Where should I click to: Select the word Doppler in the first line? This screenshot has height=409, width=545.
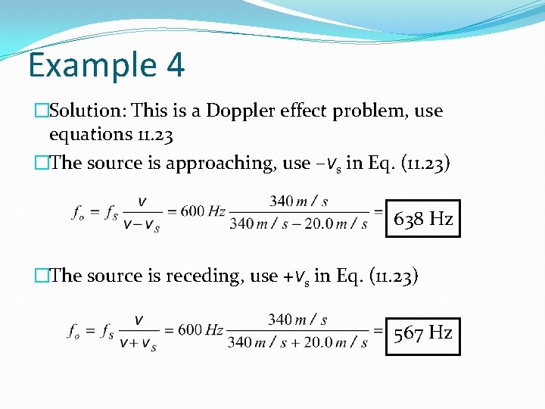tap(242, 111)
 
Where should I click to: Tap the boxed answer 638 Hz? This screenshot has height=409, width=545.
tap(422, 220)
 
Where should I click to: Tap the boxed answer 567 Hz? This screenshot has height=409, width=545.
tap(422, 333)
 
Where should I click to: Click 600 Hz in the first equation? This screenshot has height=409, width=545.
tap(202, 211)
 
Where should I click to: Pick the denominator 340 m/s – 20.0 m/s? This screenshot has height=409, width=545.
tap(298, 223)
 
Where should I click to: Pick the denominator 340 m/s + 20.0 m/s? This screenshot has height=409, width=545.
tap(298, 342)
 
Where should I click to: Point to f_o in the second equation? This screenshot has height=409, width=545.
tap(75, 330)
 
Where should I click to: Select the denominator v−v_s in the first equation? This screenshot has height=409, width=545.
tap(140, 225)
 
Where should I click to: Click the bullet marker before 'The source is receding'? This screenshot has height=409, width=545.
tap(41, 276)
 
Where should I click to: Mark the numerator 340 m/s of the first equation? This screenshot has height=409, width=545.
tap(298, 201)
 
